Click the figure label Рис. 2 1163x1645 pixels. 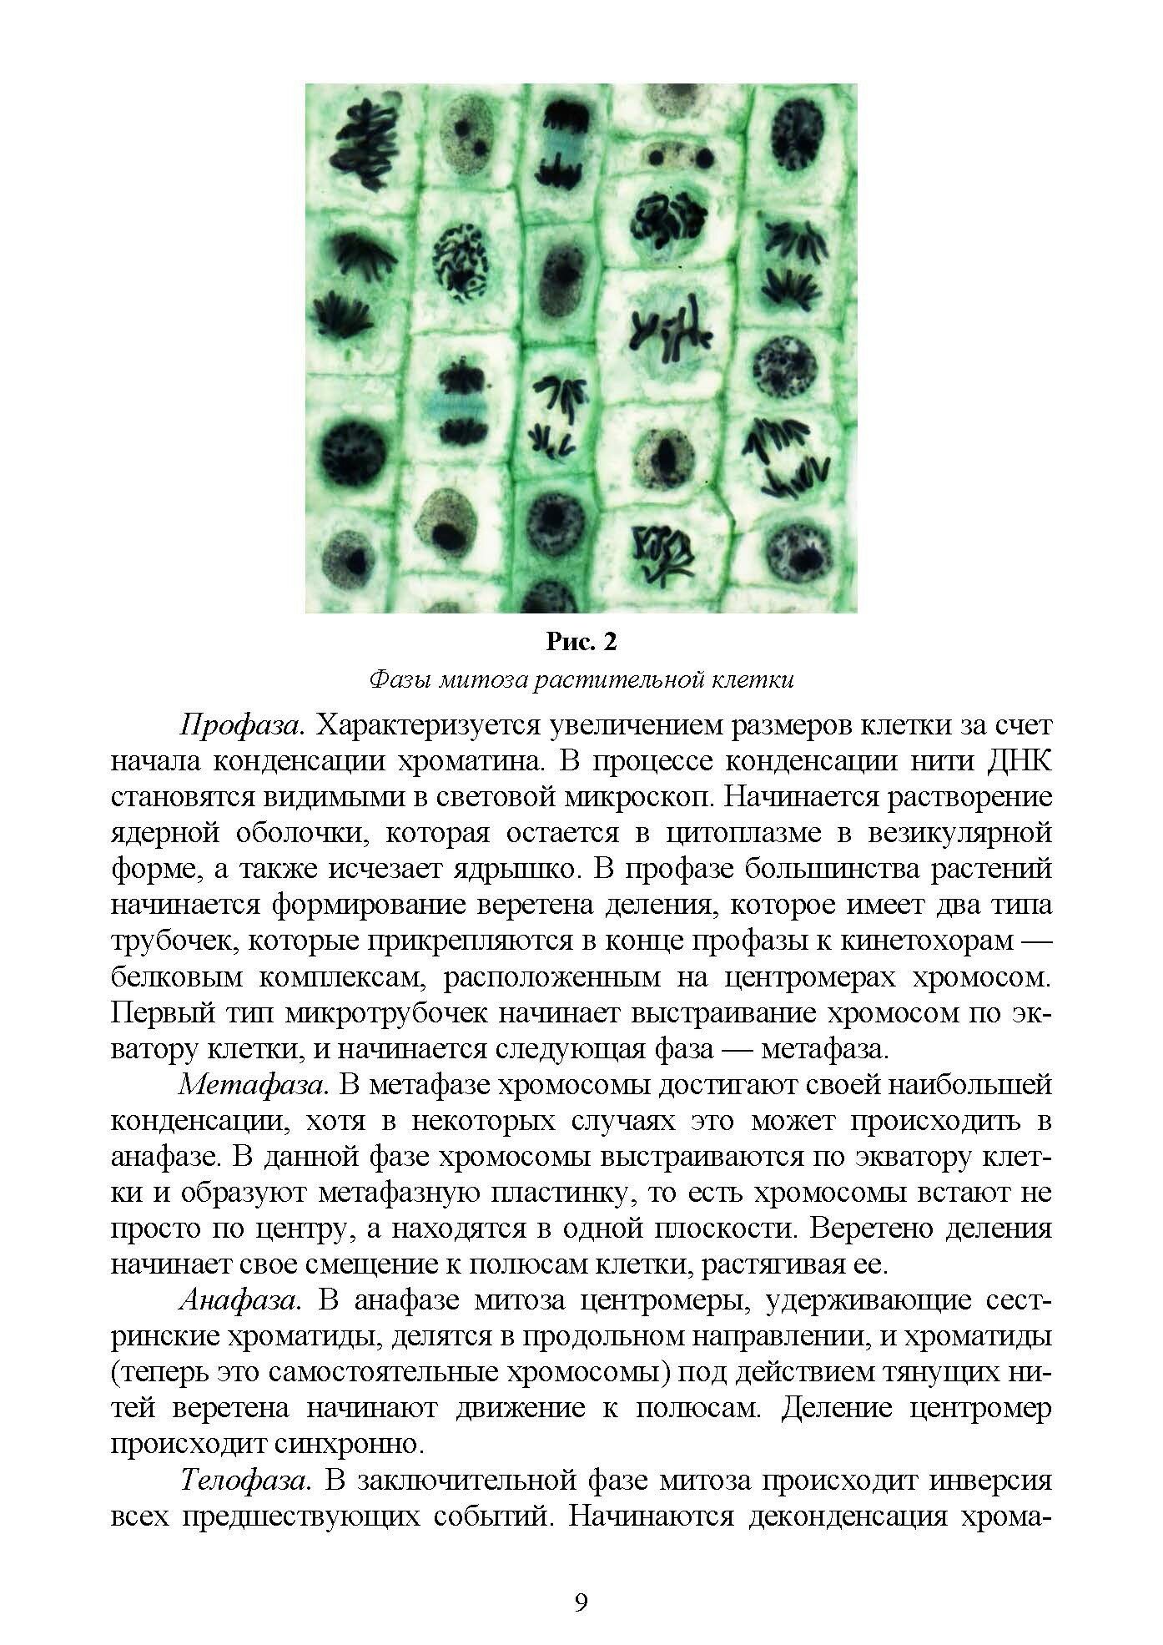tap(581, 642)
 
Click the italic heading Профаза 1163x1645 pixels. tap(241, 724)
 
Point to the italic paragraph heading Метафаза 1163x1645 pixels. tap(252, 1085)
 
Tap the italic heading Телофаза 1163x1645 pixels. tap(246, 1481)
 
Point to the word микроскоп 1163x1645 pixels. tap(627, 796)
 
